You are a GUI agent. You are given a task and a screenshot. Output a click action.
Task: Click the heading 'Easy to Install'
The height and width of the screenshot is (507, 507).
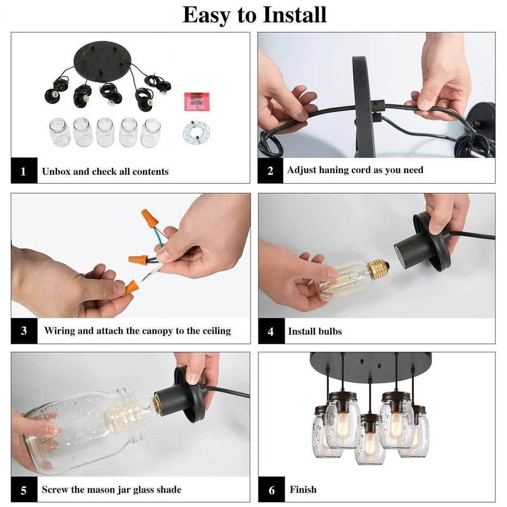click(254, 15)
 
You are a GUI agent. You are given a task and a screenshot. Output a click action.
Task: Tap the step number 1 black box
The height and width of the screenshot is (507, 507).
click(24, 170)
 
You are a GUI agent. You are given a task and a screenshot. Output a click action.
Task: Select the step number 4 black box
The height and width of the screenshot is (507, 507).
click(271, 331)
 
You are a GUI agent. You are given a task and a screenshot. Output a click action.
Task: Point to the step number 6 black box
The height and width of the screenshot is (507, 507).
click(271, 489)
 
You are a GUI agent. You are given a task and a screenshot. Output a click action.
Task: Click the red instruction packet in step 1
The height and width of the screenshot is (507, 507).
click(197, 101)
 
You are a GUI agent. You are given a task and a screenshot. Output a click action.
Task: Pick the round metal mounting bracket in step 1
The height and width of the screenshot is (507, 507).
click(196, 133)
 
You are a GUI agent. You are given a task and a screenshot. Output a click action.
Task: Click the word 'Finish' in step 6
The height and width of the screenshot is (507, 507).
click(303, 489)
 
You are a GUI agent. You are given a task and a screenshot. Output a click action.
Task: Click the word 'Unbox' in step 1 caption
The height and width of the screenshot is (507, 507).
click(56, 171)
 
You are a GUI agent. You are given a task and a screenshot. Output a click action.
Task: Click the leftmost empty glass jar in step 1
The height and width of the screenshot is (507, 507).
click(59, 133)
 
